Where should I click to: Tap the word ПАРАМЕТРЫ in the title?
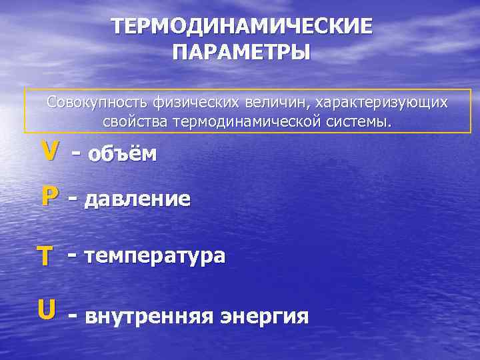241,51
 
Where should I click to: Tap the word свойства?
136,123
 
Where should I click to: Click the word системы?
360,123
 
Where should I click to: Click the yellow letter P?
49,197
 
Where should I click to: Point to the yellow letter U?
46,309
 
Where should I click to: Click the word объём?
124,155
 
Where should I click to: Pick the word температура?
155,256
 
